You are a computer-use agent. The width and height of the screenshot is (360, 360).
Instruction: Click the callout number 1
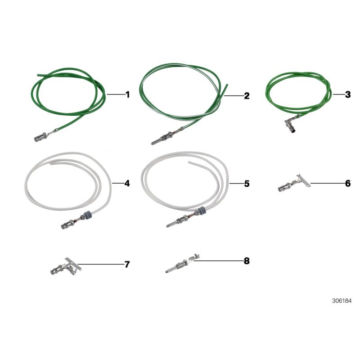coord(127,95)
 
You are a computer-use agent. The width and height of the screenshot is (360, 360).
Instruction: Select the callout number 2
coord(246,96)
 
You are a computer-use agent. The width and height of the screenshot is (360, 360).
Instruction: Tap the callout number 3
coord(348,94)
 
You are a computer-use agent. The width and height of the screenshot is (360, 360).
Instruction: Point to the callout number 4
coord(127,184)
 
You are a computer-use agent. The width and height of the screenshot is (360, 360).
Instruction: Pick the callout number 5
coord(246,184)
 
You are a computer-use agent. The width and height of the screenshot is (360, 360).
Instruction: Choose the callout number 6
coord(348,184)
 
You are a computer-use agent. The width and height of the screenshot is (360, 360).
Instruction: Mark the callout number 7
coord(127,264)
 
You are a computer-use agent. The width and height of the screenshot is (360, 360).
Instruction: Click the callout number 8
coord(246,261)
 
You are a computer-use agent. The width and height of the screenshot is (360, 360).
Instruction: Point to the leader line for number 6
coord(324,184)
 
